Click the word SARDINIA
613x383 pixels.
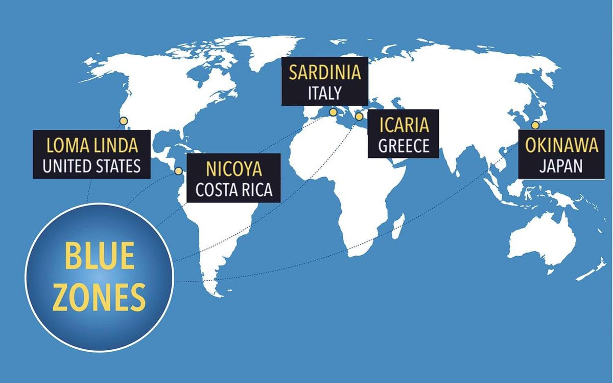[x=325, y=72]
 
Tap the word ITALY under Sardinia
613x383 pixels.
[x=325, y=93]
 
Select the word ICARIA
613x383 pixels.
[x=403, y=125]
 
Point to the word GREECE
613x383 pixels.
[x=403, y=146]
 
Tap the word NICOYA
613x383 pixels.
[x=234, y=169]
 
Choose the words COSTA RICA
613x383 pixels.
[x=234, y=190]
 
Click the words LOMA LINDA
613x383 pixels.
[x=92, y=146]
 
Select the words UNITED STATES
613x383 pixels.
[x=92, y=167]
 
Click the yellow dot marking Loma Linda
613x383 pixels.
[x=123, y=121]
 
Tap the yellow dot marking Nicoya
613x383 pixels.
[x=179, y=171]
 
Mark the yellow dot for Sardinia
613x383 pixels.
[x=333, y=112]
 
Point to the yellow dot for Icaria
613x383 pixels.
[x=359, y=117]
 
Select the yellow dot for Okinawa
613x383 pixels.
[x=535, y=125]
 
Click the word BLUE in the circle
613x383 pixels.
[x=100, y=257]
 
